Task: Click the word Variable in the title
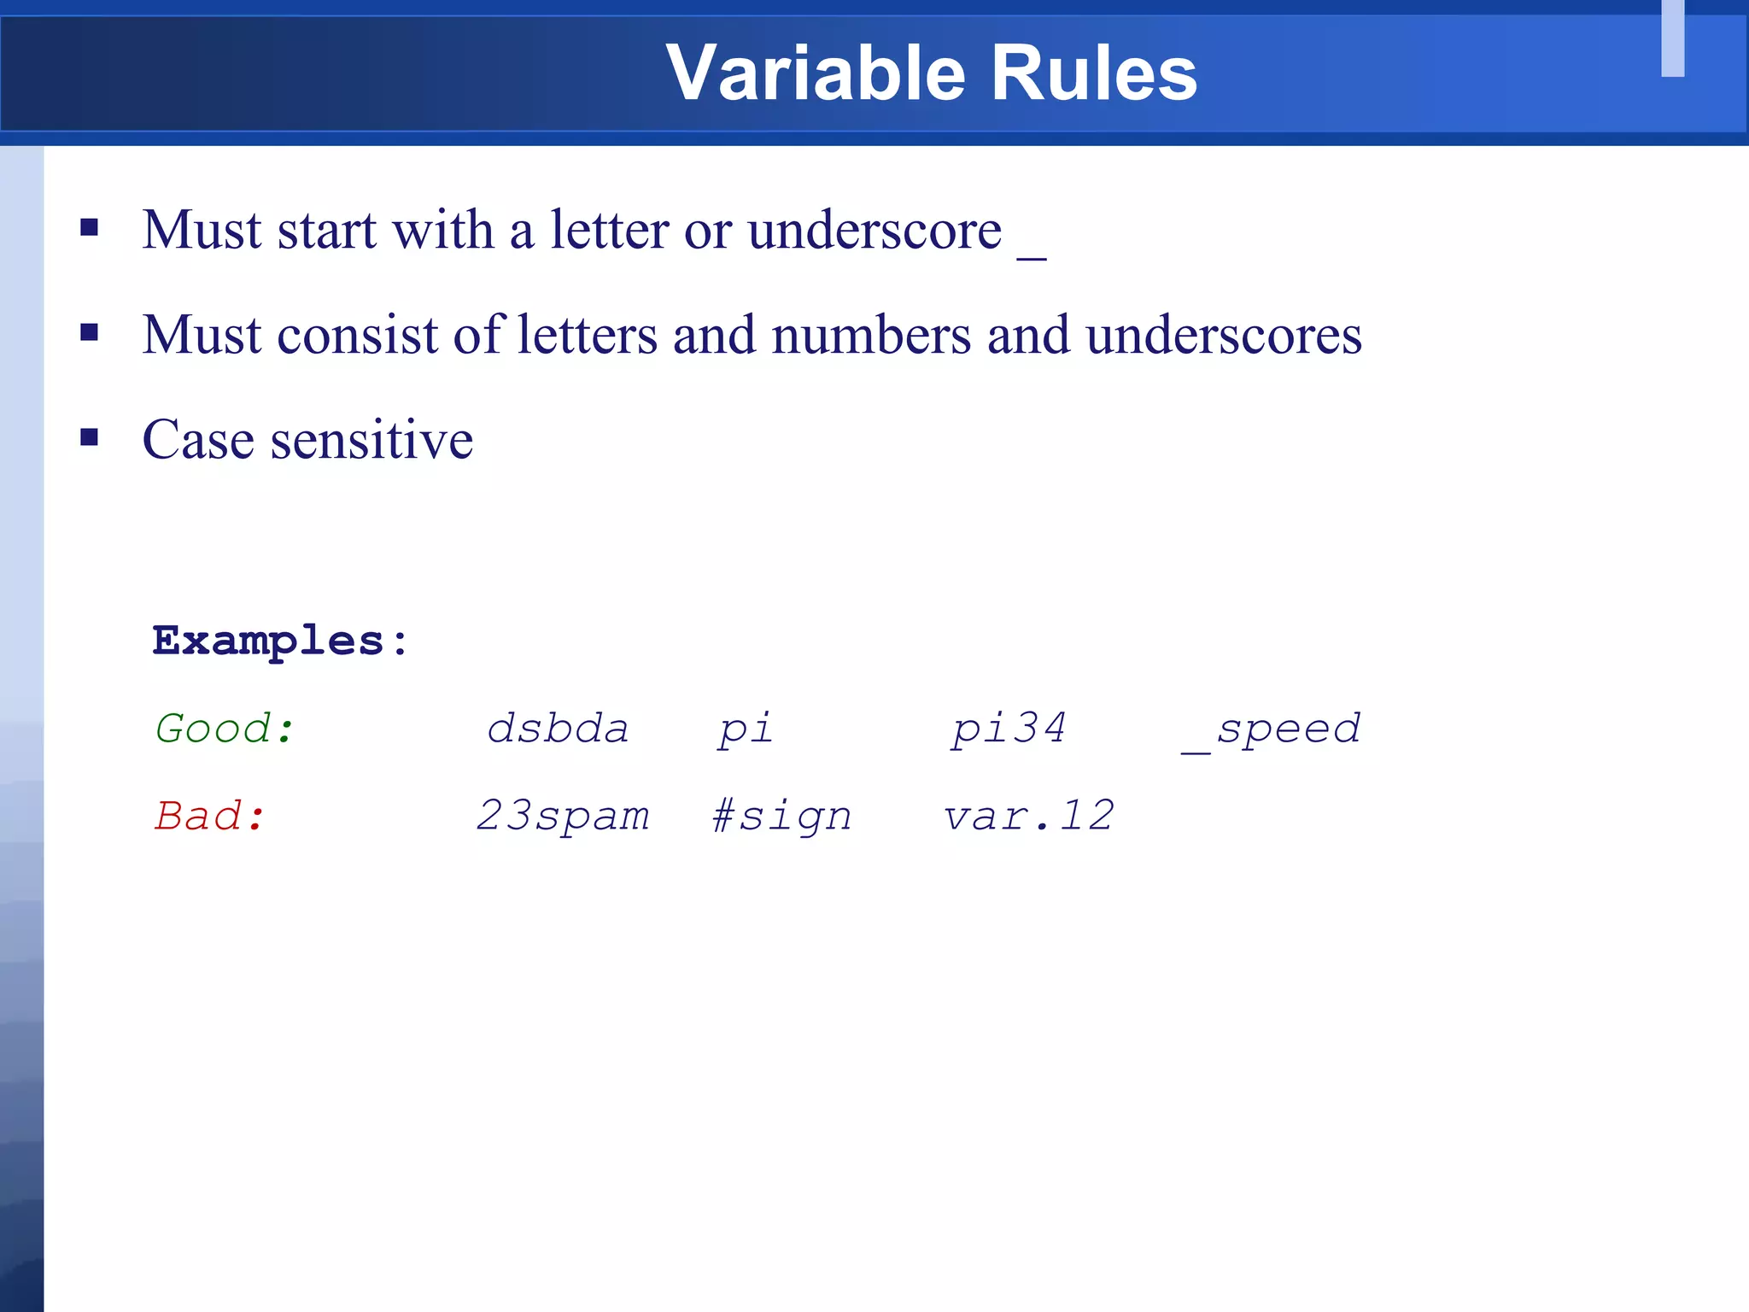click(816, 73)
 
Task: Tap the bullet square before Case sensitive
click(89, 437)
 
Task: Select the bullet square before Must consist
click(89, 332)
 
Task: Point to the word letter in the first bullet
click(608, 231)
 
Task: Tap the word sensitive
click(371, 441)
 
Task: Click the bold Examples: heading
click(280, 641)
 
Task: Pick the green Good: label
click(225, 729)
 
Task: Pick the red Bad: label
click(210, 816)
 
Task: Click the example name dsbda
click(558, 729)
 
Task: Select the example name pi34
click(1009, 729)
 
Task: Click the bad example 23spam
click(563, 816)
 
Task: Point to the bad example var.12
click(1028, 816)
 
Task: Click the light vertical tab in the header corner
click(1672, 38)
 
